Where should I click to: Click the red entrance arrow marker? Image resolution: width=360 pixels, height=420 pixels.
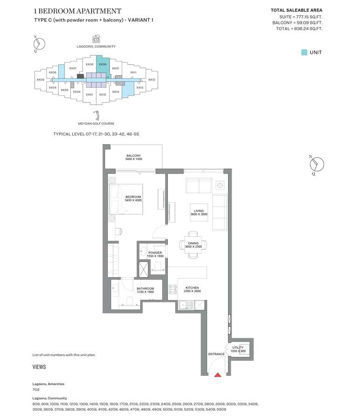(218, 375)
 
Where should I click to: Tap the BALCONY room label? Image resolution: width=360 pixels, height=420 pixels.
(133, 155)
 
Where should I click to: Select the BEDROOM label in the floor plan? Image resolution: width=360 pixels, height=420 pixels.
(133, 197)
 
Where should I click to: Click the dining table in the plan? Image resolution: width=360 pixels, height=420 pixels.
(193, 245)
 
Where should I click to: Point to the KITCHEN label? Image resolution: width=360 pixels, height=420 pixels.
(192, 287)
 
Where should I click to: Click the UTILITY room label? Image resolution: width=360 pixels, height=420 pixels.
(238, 347)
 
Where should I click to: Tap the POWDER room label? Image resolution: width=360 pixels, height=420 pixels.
(155, 252)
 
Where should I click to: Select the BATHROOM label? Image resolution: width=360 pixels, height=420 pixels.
(145, 288)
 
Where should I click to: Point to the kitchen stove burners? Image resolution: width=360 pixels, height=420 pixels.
(173, 289)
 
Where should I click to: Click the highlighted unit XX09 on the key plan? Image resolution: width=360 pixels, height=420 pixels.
(103, 64)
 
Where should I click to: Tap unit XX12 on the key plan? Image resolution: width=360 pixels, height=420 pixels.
(152, 79)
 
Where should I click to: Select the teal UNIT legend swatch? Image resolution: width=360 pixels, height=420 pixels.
(304, 52)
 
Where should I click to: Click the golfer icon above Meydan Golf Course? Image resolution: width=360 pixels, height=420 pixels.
(96, 116)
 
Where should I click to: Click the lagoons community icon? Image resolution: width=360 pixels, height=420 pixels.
(97, 39)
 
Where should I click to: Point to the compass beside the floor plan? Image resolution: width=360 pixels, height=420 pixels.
(317, 164)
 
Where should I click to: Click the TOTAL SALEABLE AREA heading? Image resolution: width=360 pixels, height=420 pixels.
(297, 10)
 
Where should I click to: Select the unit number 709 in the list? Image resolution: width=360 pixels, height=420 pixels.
(36, 390)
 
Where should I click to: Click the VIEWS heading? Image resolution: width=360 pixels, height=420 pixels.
(39, 367)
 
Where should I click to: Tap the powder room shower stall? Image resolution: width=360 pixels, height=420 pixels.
(144, 269)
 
